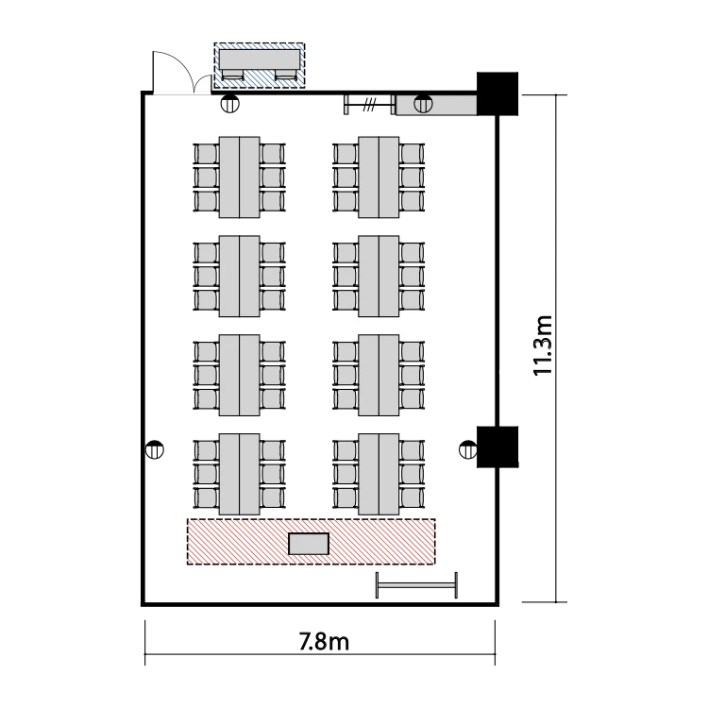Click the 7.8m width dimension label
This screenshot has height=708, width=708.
(x=324, y=641)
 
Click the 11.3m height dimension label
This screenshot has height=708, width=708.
(x=543, y=346)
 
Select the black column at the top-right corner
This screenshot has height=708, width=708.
(x=497, y=93)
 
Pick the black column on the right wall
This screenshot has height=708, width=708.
(x=497, y=447)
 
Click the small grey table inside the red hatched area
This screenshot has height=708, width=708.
(x=309, y=544)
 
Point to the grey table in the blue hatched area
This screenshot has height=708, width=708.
(x=260, y=60)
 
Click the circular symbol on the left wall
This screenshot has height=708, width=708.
(x=155, y=449)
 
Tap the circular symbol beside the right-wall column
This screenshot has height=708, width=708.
(x=468, y=449)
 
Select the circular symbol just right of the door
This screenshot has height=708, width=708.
(x=229, y=104)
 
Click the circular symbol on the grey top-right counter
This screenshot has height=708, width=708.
(x=423, y=104)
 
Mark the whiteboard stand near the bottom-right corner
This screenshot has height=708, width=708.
(x=416, y=585)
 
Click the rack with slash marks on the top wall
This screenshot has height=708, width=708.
(x=369, y=105)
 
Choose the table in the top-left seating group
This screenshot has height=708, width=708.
(x=240, y=177)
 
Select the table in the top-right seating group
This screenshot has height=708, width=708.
(x=379, y=177)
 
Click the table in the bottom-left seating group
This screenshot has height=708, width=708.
(x=240, y=474)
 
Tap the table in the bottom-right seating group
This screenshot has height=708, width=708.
(x=379, y=474)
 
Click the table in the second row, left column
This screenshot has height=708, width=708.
(x=240, y=276)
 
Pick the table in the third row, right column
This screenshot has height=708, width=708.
(x=379, y=375)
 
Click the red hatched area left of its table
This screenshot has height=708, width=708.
(x=238, y=542)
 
